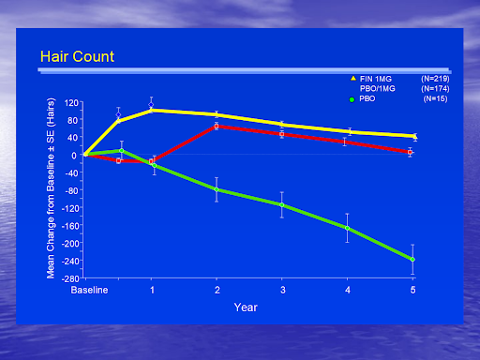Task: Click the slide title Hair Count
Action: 77,57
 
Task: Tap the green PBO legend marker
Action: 352,98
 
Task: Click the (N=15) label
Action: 434,98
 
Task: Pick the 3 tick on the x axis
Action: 282,291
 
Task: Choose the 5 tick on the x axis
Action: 412,291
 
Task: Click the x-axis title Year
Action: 246,307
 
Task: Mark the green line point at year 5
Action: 412,260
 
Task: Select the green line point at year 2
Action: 217,189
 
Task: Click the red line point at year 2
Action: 217,126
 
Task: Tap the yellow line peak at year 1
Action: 152,110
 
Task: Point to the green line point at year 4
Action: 348,228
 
